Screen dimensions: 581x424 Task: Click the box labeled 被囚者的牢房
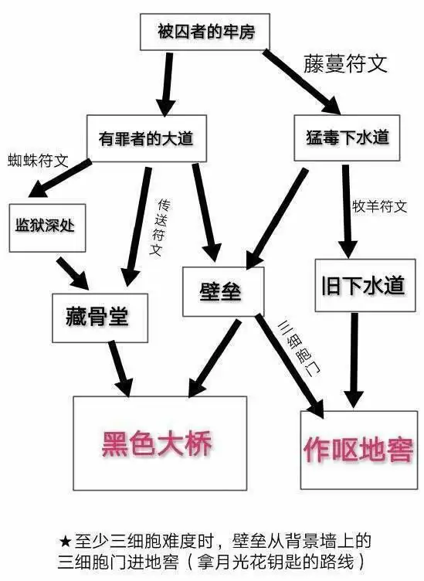click(x=205, y=33)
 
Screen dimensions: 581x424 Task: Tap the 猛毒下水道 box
click(x=342, y=138)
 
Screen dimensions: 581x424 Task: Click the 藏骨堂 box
click(x=96, y=317)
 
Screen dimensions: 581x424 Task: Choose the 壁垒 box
click(x=222, y=291)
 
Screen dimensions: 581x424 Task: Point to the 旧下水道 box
click(x=362, y=285)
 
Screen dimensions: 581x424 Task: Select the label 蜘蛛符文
click(x=38, y=161)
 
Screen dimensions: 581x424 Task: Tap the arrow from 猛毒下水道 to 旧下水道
click(x=346, y=209)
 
